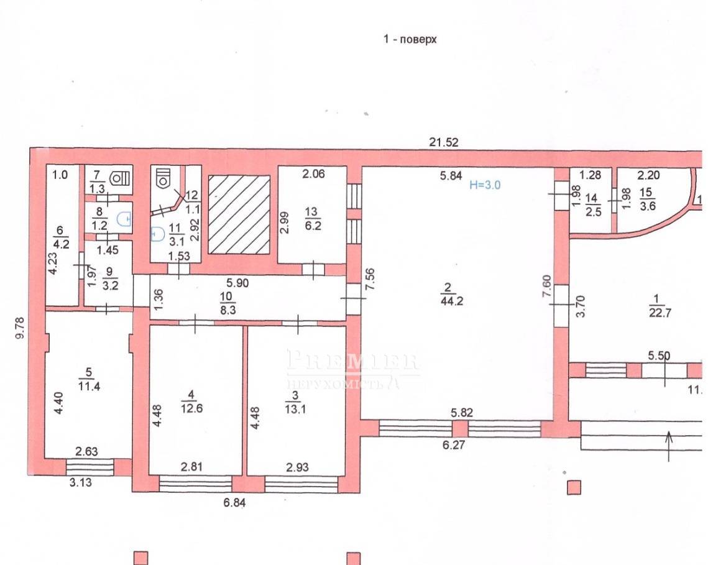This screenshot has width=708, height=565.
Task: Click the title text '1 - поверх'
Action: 410,39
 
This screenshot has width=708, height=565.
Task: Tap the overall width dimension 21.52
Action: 443,142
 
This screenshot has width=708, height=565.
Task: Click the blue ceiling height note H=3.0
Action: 485,185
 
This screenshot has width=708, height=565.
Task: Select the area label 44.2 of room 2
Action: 451,301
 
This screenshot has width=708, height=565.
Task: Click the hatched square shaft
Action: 239,214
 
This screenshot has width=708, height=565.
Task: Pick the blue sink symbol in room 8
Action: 124,219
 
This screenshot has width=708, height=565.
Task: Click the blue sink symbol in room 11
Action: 156,234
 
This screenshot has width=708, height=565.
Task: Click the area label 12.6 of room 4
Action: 191,408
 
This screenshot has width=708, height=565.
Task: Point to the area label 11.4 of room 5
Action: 89,386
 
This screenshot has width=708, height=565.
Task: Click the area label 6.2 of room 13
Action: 313,225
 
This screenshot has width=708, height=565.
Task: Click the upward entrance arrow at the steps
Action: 669,446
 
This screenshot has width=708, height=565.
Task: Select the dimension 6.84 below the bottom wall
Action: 234,502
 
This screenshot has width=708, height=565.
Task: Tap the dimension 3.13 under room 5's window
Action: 80,482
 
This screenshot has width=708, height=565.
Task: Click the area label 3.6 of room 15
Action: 647,206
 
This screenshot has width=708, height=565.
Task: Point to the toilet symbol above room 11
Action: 163,178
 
